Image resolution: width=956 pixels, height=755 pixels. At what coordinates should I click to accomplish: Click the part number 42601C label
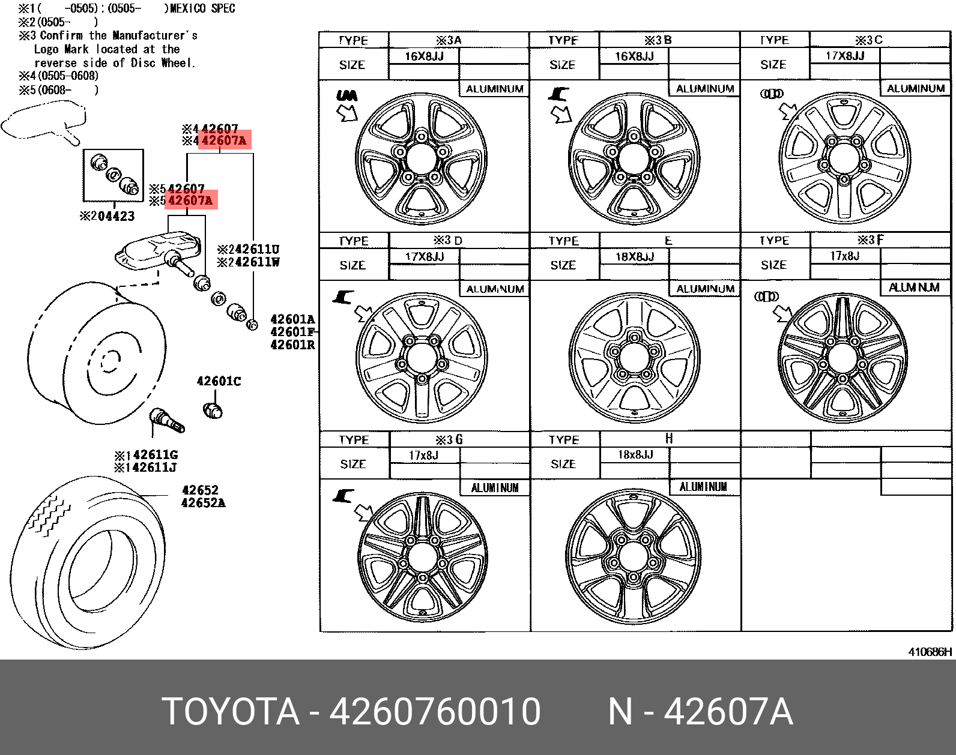point(219,381)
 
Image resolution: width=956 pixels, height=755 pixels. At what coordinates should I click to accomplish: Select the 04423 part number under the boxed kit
point(112,216)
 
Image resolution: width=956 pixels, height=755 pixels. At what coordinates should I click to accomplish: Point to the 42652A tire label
point(203,503)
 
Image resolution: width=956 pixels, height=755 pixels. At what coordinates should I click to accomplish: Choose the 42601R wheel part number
point(292,344)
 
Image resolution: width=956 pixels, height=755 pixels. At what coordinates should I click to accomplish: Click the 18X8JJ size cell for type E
point(634,257)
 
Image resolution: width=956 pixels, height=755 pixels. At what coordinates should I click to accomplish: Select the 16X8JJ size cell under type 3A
point(424,56)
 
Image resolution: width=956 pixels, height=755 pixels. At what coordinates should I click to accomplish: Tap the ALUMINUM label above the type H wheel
point(703,487)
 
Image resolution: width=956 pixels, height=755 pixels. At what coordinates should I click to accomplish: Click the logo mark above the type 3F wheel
point(766,296)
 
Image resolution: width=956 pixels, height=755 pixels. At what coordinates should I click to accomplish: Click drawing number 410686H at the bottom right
point(929,652)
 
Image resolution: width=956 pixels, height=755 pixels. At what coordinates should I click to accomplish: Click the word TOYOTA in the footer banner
point(231,712)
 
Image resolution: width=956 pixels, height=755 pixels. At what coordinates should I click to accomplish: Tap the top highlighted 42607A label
point(225,141)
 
